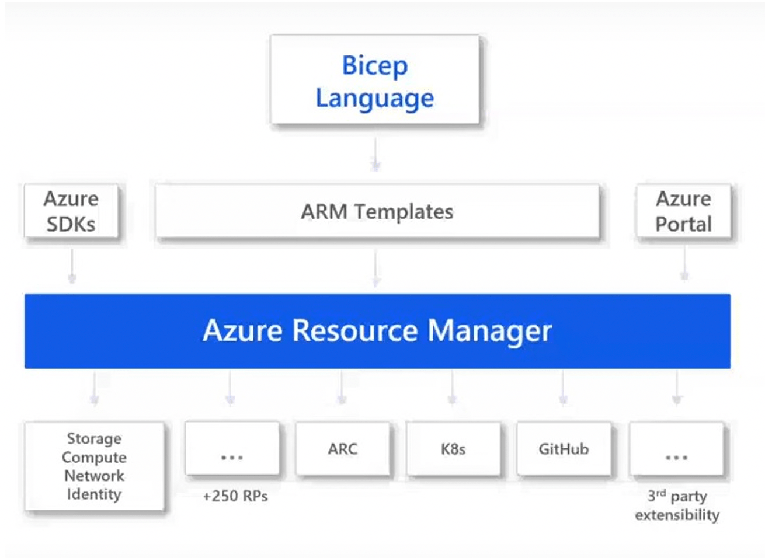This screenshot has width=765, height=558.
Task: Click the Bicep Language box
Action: coord(374,80)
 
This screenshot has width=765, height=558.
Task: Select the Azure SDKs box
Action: coord(71,211)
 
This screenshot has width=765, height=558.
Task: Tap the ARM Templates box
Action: coord(377,211)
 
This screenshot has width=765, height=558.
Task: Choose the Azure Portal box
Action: coord(683,211)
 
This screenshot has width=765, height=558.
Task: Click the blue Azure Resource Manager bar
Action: coord(377,331)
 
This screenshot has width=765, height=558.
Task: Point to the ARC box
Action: coord(342,449)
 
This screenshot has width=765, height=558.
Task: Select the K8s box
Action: coord(453,449)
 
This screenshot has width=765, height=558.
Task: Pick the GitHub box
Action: coord(564,449)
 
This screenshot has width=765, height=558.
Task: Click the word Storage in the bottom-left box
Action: coord(94,438)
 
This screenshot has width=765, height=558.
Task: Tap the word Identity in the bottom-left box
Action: coord(94,494)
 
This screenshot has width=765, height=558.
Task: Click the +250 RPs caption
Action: coord(235,496)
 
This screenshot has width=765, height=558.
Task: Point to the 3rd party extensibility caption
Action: coord(677,505)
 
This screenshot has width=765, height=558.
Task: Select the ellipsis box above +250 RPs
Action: coord(232,449)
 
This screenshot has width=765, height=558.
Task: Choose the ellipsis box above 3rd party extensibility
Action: coord(676,449)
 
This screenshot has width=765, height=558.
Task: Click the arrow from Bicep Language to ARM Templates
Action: coord(375,154)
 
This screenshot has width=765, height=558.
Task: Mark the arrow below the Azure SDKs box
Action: coord(72,266)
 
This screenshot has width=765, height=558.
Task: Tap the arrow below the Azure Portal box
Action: coord(684,263)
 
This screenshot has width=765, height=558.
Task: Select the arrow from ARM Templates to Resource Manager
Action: coord(376,268)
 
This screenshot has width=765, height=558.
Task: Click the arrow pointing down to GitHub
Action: coord(563,388)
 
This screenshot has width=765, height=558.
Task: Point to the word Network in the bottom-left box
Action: coord(94,476)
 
